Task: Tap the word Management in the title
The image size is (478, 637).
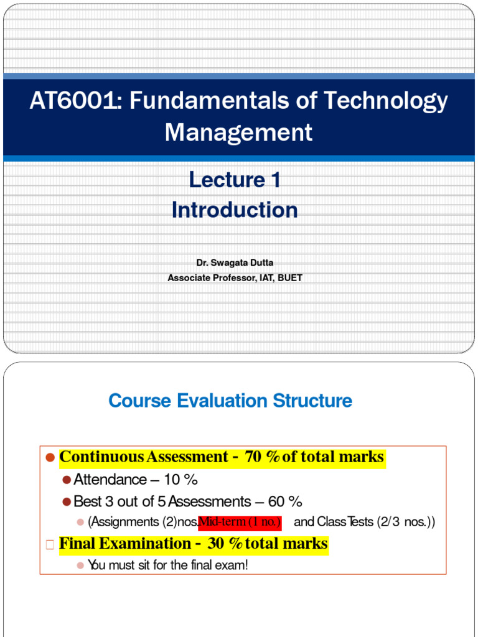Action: [x=239, y=132]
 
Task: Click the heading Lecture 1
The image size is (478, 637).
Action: [x=235, y=180]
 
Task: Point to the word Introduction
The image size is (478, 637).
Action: [x=235, y=210]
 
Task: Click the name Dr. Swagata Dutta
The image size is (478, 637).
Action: [x=235, y=263]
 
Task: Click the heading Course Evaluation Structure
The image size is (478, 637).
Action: [x=230, y=401]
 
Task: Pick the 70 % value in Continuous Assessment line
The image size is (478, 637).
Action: [x=263, y=457]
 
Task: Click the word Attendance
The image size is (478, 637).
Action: [x=110, y=480]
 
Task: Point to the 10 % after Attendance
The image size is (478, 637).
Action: [x=181, y=480]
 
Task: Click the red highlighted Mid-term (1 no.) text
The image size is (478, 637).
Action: [x=240, y=522]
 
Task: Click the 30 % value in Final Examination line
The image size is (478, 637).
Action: [x=225, y=544]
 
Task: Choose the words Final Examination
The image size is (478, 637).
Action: [x=123, y=544]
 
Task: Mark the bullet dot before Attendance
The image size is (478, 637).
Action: [x=67, y=480]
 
